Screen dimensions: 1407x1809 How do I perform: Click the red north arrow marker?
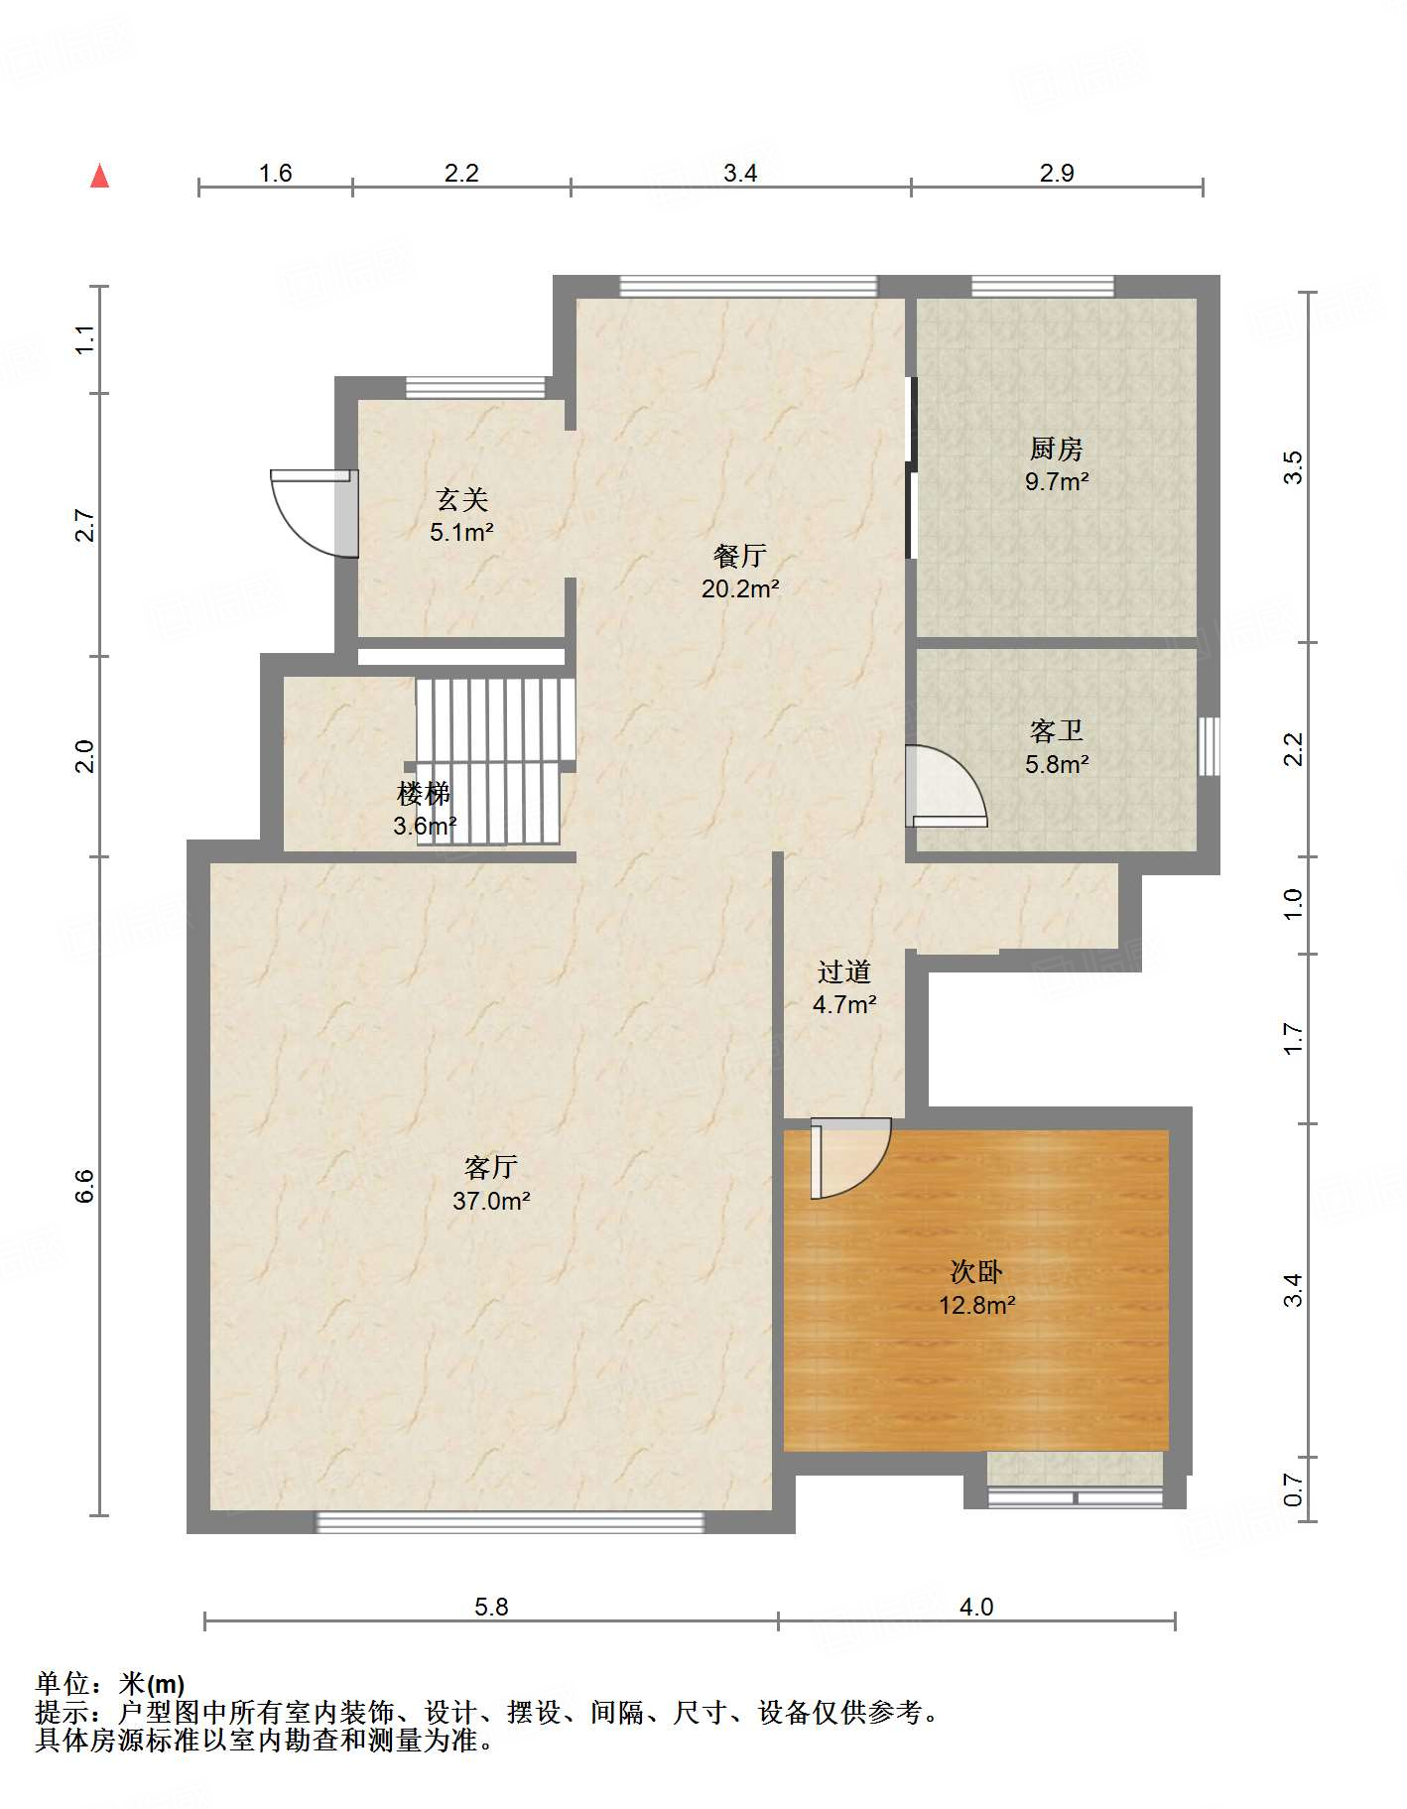(x=99, y=176)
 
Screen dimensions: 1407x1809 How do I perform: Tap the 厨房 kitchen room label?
(x=1056, y=450)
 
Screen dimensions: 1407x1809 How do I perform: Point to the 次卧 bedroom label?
(x=976, y=1271)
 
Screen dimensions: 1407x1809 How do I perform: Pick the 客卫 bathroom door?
(x=946, y=786)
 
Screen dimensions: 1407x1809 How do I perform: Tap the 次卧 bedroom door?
(x=850, y=1158)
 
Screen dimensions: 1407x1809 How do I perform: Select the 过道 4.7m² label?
(x=844, y=987)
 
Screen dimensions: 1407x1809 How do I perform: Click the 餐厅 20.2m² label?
(x=740, y=572)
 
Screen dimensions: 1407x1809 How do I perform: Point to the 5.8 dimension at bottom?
(x=491, y=1607)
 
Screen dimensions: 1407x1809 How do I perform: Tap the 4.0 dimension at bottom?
(x=976, y=1607)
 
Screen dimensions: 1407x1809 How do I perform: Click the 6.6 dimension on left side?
(x=85, y=1186)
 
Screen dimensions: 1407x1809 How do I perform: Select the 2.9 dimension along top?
(x=1057, y=173)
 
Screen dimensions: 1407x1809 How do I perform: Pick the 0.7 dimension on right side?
(x=1293, y=1489)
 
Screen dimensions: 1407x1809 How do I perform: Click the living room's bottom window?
(x=510, y=1521)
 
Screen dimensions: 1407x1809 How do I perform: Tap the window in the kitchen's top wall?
(x=1043, y=287)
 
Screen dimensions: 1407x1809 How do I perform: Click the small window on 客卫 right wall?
(x=1209, y=746)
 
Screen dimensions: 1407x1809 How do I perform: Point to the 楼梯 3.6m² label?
(x=425, y=810)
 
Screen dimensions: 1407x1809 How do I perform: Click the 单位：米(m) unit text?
(x=110, y=1684)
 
